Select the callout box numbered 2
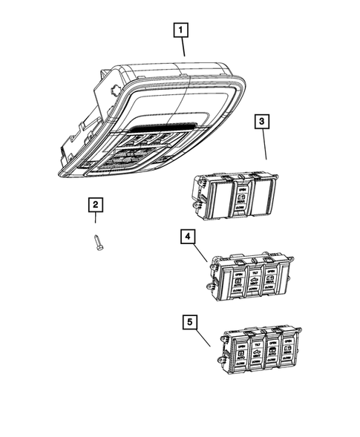coord(95,205)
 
